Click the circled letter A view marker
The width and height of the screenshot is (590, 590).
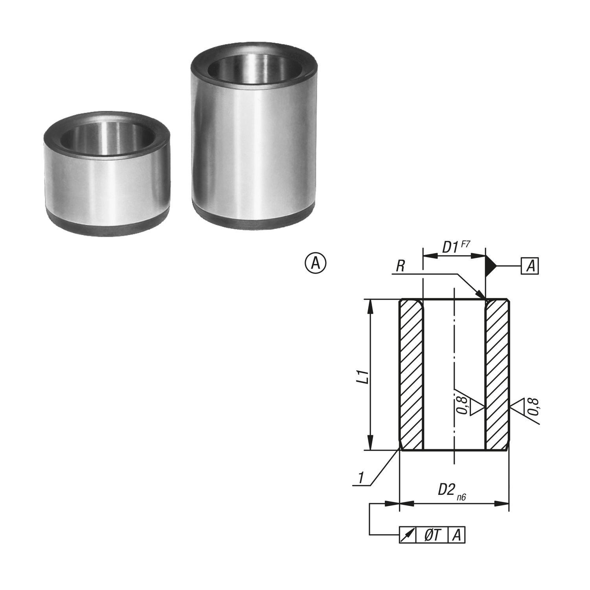pos(316,263)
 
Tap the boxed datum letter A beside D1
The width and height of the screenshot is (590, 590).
pos(530,266)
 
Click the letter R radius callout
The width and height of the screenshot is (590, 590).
pos(400,267)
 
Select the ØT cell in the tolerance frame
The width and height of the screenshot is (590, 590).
pos(432,535)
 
